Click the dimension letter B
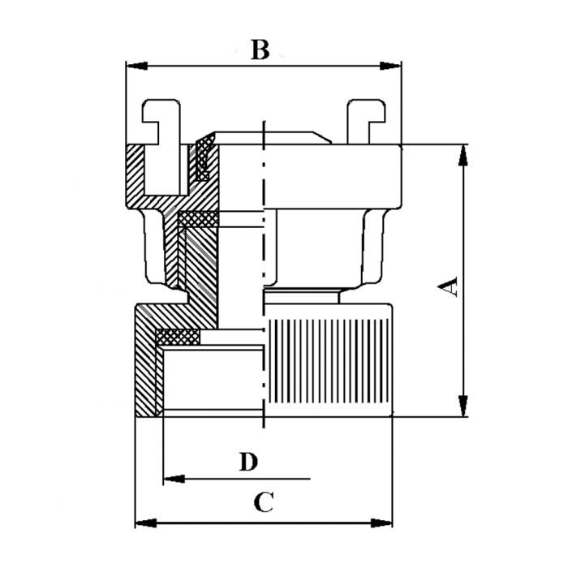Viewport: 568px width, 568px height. [x=259, y=50]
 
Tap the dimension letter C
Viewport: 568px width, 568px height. [x=261, y=502]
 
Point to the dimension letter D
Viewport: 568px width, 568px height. [x=249, y=462]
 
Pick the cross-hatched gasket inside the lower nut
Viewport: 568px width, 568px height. [x=177, y=335]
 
